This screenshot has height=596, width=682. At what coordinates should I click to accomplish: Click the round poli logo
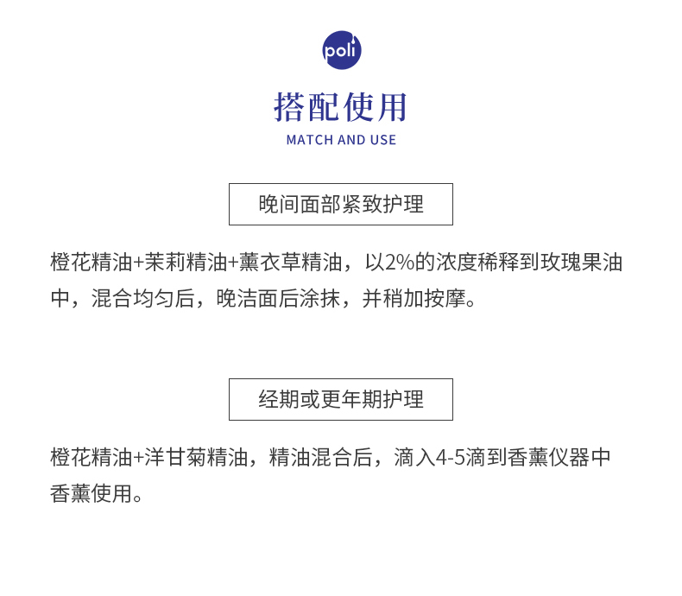coord(341,50)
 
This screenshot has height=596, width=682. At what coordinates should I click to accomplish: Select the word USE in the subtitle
coord(383,140)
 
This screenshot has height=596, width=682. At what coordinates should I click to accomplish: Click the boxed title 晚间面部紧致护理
coord(341,205)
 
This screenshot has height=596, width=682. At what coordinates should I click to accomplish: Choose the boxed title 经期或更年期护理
coord(341,400)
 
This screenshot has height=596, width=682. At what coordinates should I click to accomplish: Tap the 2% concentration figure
coord(401,262)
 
